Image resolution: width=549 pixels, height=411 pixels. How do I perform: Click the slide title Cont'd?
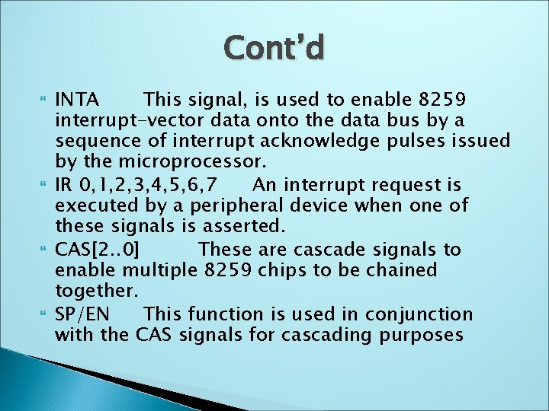(274, 47)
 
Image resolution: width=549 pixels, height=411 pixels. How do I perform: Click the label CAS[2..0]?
(97, 249)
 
